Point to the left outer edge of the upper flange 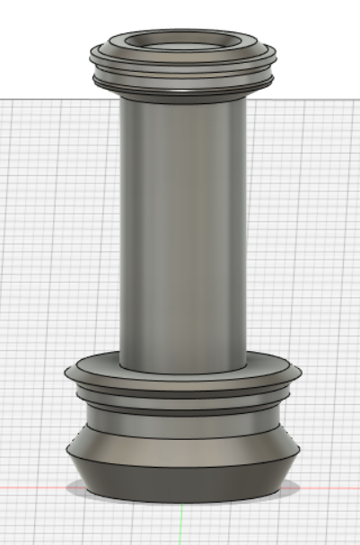92,56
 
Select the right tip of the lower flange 300,371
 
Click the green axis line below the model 182,525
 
